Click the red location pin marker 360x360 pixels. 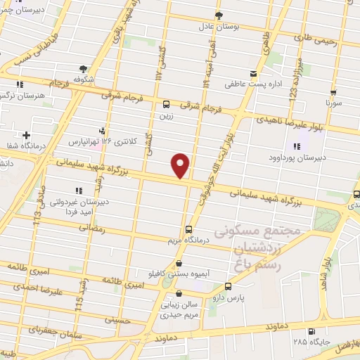coord(181,165)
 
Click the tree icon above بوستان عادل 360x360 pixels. coord(219,14)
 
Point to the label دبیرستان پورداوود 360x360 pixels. coord(297,157)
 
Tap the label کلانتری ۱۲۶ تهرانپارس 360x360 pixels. coord(99,142)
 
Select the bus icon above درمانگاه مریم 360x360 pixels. coord(188,229)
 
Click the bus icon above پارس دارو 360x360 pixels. coord(228,286)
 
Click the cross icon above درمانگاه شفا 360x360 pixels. coord(26,134)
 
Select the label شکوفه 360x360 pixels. coord(84,79)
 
